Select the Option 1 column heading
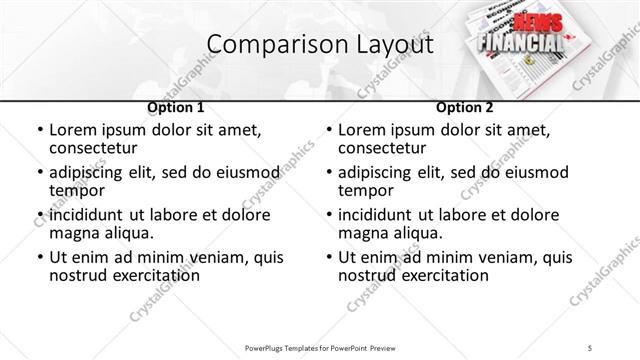[x=176, y=106]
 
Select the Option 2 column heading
[x=466, y=106]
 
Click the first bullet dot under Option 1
[x=39, y=130]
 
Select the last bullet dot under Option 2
[x=329, y=257]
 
